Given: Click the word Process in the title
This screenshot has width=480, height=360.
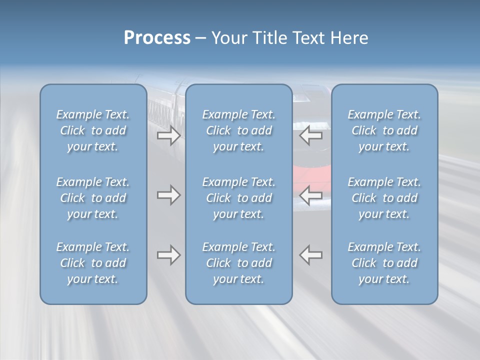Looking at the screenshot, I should pos(157,38).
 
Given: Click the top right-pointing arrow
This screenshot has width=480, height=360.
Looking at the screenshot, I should pos(169,135).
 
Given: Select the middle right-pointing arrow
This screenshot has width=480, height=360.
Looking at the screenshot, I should pos(169,195).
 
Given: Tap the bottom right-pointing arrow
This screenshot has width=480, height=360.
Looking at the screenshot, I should pos(169,255).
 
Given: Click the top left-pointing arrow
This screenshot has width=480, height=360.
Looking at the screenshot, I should pos(311,135).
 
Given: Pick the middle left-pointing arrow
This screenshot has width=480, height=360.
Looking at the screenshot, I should pos(311,195).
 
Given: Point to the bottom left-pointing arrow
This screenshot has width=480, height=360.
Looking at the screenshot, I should pos(311,255).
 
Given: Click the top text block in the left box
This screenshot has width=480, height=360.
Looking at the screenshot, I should pos(93,130).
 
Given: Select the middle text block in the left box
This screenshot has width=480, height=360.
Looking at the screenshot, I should pos(93,198).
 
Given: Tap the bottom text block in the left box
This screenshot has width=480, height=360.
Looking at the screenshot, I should pos(93,263).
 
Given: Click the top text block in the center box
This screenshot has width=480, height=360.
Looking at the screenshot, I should pos(238,130).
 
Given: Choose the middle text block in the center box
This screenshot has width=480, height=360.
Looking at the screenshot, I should pos(238,198).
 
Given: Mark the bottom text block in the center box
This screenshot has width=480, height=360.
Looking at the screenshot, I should pos(238,263).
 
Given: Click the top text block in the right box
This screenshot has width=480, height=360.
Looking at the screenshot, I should pos(384,130).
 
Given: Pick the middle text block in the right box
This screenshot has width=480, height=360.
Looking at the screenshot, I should pos(384,198).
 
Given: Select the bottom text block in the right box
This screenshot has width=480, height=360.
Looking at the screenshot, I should pos(384,263).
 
